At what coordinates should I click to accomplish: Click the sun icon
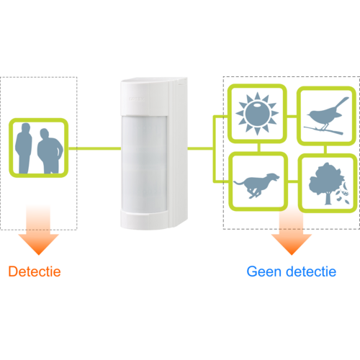257,113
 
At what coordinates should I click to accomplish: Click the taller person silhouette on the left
24,148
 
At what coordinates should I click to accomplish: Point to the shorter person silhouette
50,150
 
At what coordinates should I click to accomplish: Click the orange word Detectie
35,271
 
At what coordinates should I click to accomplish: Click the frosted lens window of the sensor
144,163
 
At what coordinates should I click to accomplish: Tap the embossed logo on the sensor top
137,99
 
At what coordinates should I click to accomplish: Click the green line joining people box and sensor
94,148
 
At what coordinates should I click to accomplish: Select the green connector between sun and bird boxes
292,117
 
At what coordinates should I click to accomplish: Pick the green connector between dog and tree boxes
293,181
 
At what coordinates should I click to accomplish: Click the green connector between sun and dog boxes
258,148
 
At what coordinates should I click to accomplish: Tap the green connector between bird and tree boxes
325,150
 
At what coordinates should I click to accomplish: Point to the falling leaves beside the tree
343,194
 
